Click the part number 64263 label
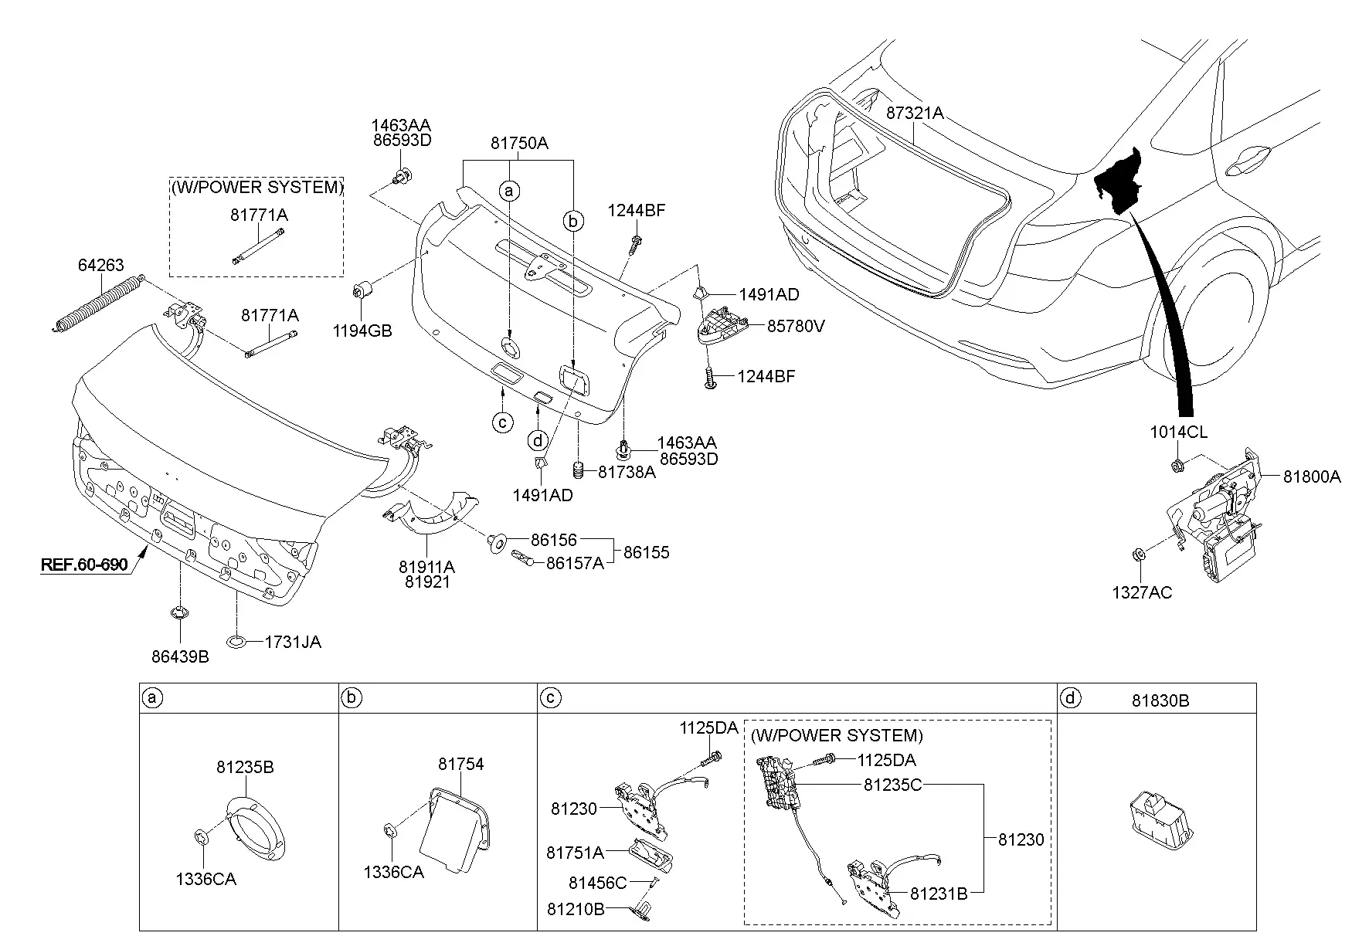tap(100, 266)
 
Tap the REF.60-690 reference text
tap(84, 565)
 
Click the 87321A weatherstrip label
tap(915, 113)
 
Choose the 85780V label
tap(796, 326)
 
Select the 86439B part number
tap(180, 657)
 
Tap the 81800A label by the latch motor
tap(1313, 477)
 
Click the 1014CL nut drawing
tap(1177, 466)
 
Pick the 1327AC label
tap(1142, 592)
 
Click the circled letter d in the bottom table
tap(1070, 699)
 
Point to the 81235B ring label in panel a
tap(245, 767)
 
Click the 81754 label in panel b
tap(460, 764)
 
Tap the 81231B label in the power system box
tap(939, 894)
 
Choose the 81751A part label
tap(575, 853)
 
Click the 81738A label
tap(627, 472)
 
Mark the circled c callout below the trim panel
tap(503, 422)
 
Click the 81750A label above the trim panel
tap(519, 143)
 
